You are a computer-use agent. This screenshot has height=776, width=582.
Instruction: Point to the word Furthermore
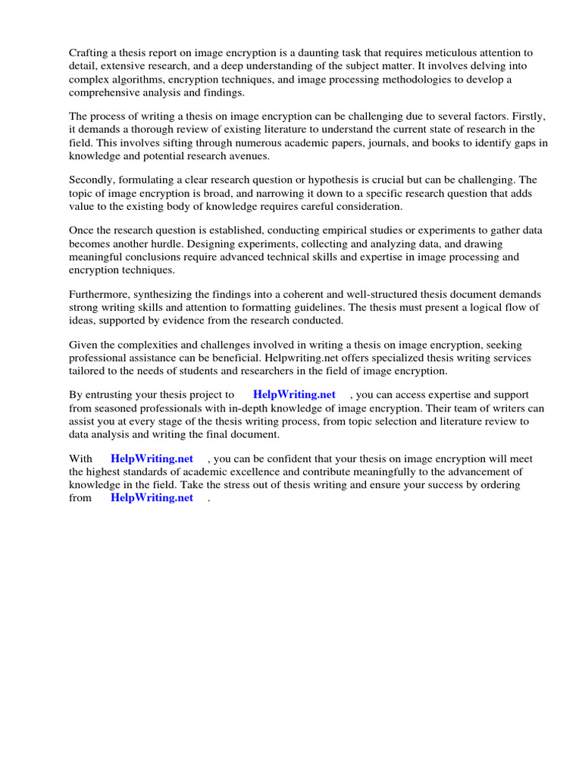[101, 295]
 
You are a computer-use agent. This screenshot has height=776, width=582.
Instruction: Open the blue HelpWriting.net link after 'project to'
[294, 396]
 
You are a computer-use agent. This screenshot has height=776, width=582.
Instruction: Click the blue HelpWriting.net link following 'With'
[152, 459]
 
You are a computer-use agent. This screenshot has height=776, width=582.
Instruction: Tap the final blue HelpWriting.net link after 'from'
[152, 498]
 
